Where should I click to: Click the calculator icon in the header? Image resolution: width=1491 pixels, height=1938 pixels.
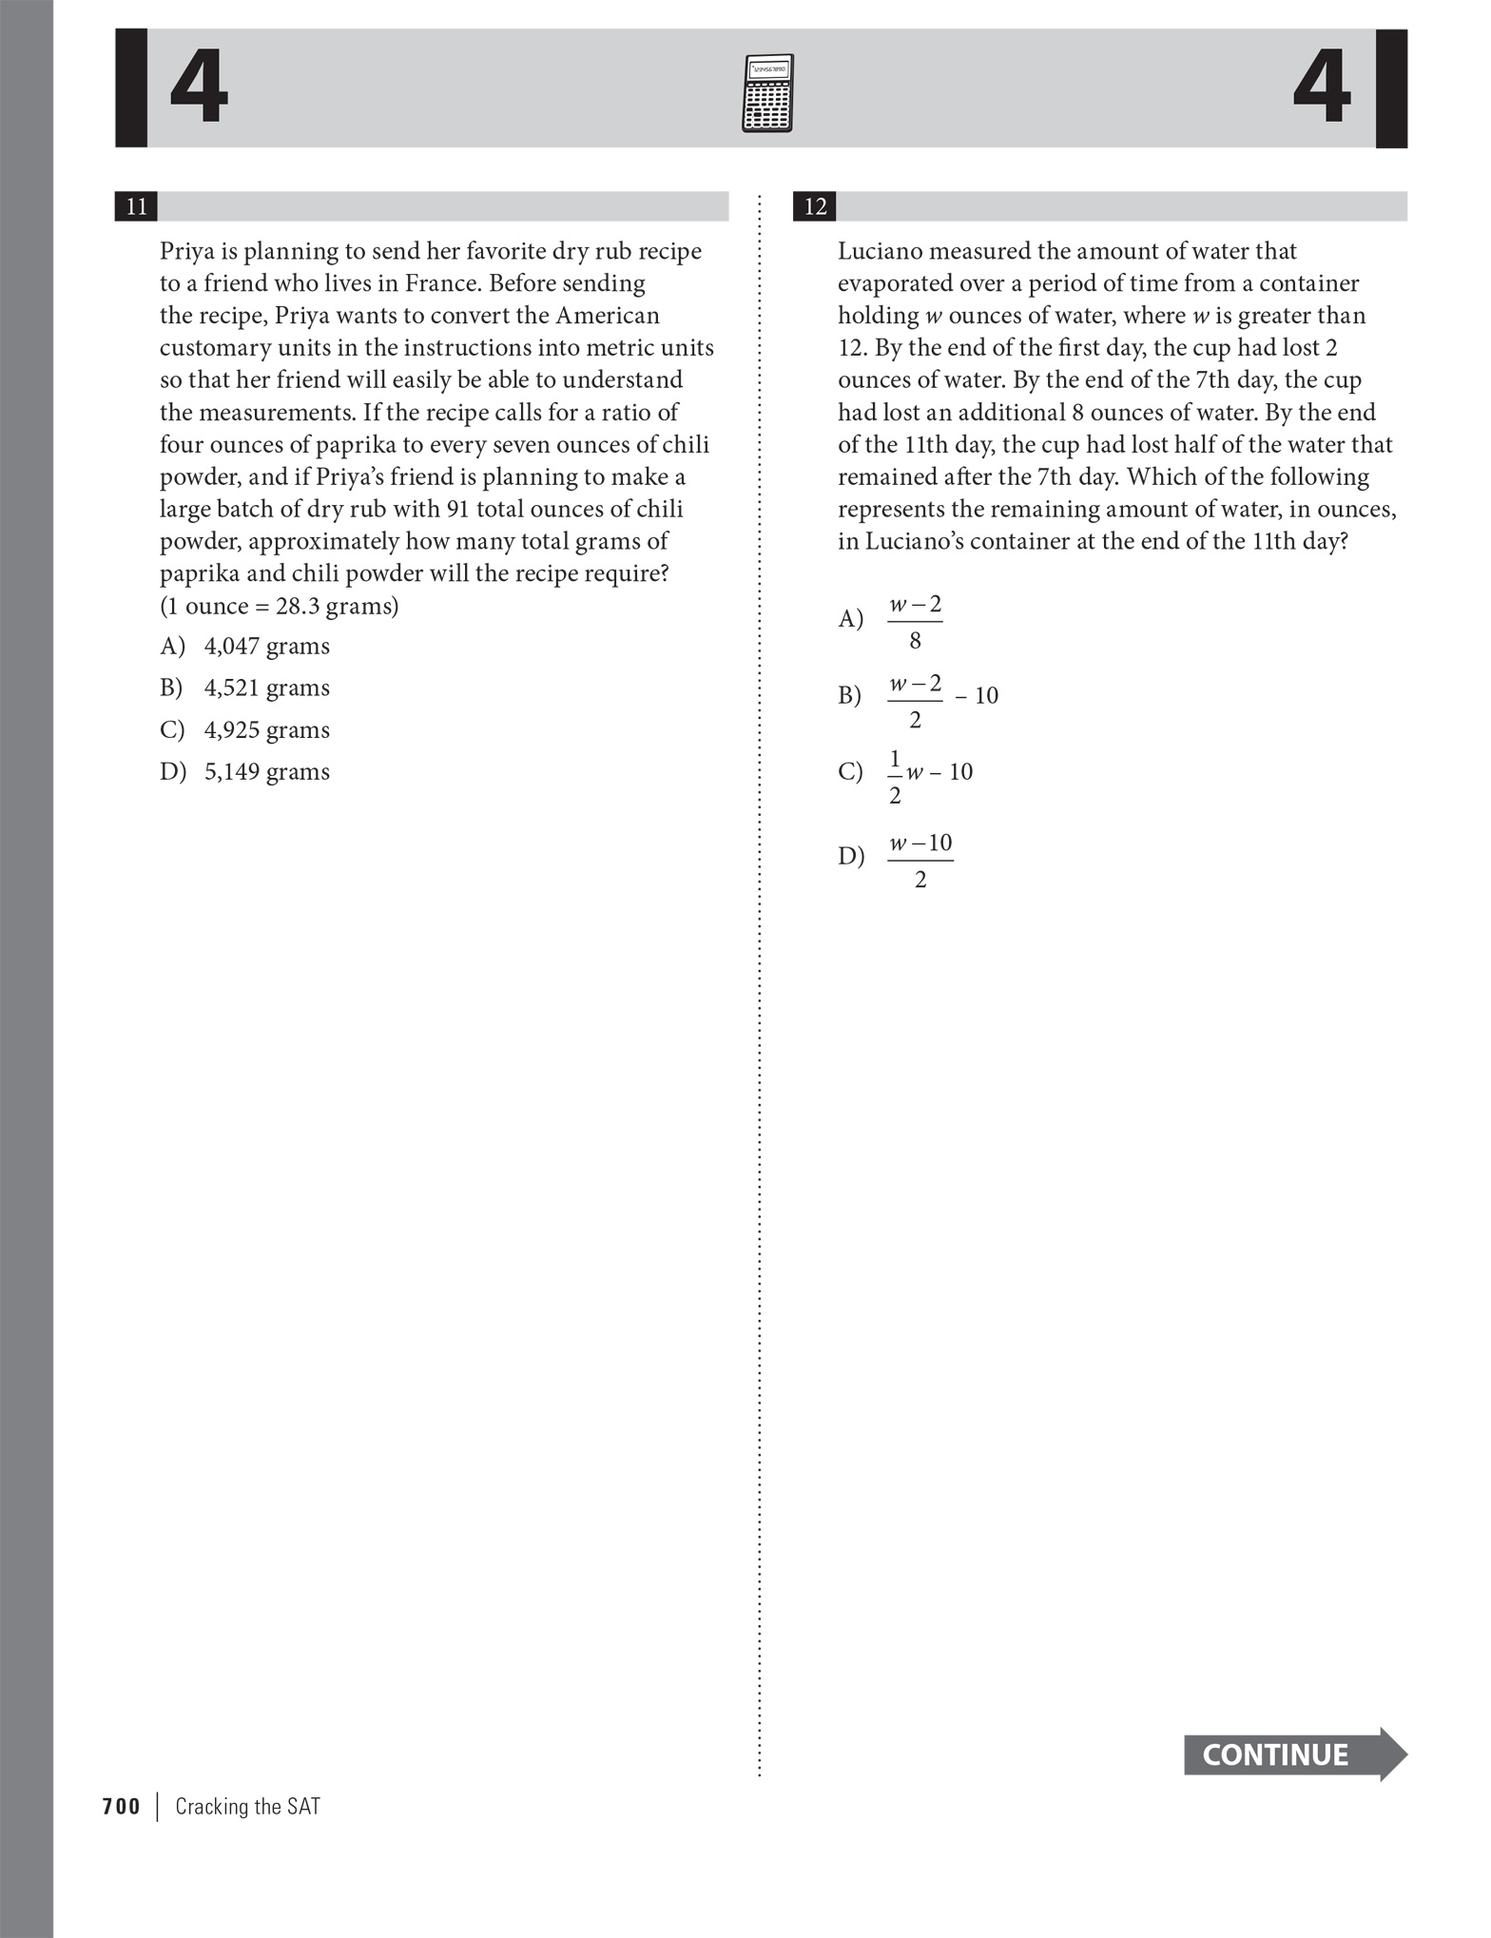(x=766, y=93)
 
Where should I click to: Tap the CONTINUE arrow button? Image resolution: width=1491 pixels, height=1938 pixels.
(x=1293, y=1754)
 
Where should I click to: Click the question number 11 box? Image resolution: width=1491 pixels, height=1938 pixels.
(x=136, y=206)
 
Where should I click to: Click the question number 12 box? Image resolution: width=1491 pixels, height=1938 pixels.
(x=815, y=206)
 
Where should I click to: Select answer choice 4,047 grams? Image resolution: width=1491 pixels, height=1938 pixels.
(x=266, y=646)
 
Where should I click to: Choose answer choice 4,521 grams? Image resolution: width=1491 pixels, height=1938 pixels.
(x=266, y=688)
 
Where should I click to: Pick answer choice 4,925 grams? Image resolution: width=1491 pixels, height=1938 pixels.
(x=266, y=729)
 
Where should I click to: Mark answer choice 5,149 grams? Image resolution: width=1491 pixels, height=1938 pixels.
(x=266, y=771)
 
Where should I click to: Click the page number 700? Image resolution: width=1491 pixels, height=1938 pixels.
(x=121, y=1806)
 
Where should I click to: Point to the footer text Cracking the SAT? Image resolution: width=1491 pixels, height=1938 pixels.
(x=247, y=1806)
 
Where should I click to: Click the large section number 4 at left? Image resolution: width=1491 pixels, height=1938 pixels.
(x=199, y=88)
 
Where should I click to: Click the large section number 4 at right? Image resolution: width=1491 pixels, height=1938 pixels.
(x=1322, y=88)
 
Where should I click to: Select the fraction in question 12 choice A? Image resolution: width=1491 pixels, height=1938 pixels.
(x=915, y=622)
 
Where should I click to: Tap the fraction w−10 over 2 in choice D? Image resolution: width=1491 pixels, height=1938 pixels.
(x=920, y=861)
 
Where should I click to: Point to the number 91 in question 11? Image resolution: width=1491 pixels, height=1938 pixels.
(x=457, y=509)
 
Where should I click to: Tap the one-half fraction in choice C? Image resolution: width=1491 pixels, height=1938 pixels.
(x=895, y=777)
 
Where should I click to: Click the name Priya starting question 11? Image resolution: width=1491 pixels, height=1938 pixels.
(x=186, y=252)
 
